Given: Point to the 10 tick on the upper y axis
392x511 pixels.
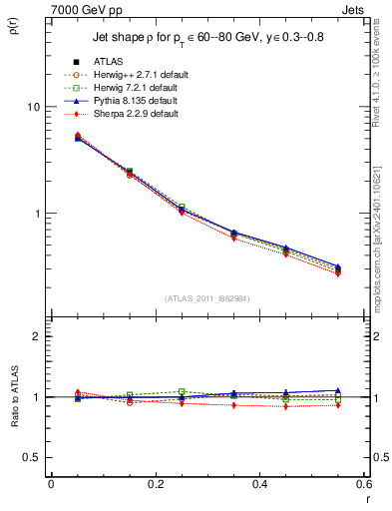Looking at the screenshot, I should click(x=33, y=107).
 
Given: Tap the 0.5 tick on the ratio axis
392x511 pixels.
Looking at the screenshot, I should click(x=32, y=457).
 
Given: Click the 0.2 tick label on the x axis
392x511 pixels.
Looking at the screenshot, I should click(x=155, y=483).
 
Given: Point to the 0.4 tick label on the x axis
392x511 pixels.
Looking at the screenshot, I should click(x=259, y=483).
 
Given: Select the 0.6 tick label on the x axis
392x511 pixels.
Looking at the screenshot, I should click(x=363, y=483).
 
